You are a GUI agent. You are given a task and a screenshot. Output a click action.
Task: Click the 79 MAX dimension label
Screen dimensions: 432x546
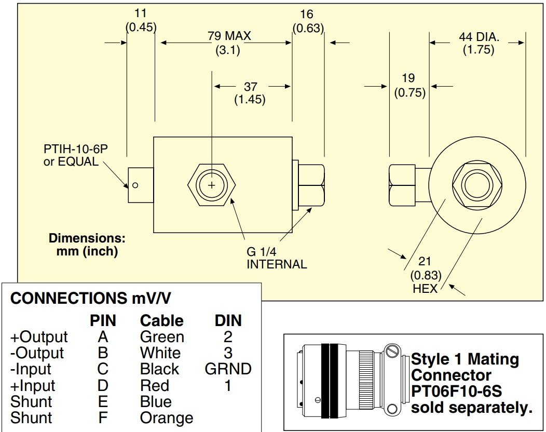(229, 36)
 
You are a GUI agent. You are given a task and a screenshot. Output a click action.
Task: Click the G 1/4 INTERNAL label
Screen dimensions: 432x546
(276, 258)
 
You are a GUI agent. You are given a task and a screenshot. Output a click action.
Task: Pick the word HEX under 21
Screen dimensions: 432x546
(425, 288)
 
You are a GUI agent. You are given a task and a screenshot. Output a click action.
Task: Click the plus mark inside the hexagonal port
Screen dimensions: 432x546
(211, 185)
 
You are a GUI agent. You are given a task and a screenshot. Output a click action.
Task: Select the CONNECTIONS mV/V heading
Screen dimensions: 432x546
(91, 299)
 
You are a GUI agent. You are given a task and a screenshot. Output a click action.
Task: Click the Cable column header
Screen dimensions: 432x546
(161, 320)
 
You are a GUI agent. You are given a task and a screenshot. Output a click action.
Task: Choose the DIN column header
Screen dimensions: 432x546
(228, 320)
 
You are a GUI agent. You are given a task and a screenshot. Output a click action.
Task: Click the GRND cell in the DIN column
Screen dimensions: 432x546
(228, 369)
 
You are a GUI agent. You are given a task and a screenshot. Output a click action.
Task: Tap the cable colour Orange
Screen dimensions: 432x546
(166, 418)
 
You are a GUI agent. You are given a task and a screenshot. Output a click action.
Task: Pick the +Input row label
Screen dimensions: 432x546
(32, 386)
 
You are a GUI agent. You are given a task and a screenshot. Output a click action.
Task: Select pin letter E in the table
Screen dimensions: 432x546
(103, 402)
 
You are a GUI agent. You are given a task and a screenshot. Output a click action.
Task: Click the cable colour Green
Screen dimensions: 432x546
(162, 337)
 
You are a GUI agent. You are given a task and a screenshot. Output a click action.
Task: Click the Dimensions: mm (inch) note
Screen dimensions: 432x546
(87, 245)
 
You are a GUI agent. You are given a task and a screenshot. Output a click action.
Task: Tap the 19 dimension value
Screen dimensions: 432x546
(408, 78)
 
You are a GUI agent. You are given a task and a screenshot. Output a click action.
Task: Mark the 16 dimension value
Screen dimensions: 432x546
(307, 14)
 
